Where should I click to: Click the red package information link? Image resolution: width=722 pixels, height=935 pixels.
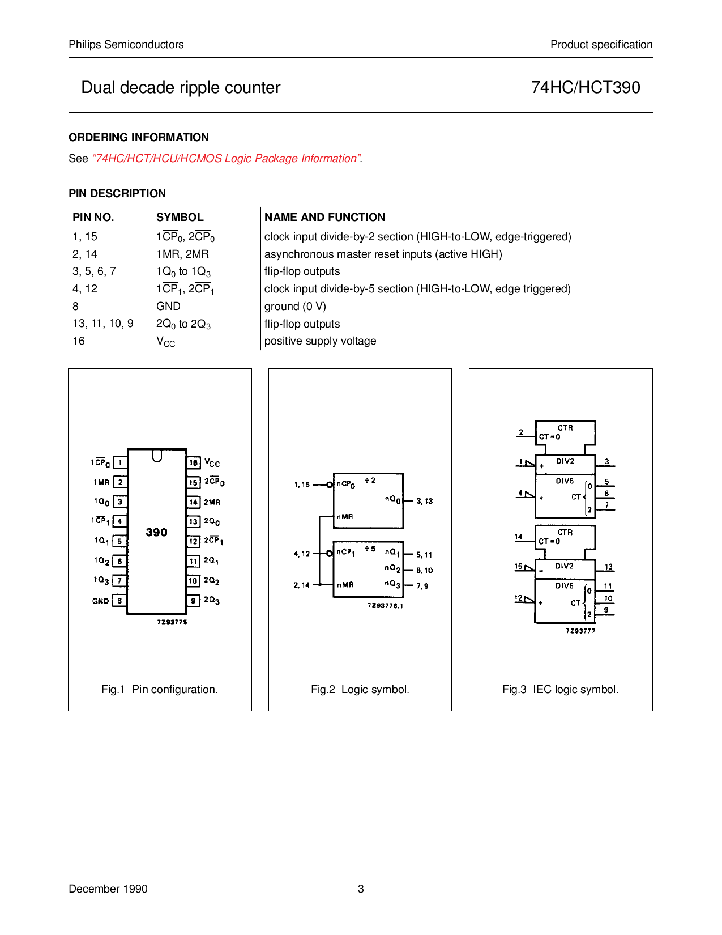coord(227,159)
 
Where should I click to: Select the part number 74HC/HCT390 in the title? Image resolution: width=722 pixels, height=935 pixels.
coord(586,87)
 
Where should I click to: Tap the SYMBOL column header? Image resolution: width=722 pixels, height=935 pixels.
coord(180,217)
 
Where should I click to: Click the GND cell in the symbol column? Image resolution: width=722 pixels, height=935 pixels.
coord(168,307)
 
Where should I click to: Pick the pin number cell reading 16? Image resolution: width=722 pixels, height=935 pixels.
coord(79,341)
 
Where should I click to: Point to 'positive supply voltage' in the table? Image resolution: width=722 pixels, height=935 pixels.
coord(320,341)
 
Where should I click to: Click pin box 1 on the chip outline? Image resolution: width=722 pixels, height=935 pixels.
coord(120,463)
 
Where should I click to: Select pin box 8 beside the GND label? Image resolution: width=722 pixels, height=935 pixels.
coord(119,601)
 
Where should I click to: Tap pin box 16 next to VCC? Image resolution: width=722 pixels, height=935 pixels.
coord(194,463)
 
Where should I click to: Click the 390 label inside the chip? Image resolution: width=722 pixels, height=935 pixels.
coord(157,532)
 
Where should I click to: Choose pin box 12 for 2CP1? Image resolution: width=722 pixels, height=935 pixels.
coord(194,541)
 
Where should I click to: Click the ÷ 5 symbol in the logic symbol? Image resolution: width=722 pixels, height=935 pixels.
coord(370,549)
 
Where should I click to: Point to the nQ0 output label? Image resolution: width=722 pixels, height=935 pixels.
coord(392,499)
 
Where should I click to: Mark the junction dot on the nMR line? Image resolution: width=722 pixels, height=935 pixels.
coord(320,584)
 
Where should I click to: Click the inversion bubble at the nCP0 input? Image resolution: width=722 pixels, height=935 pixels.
coord(330,485)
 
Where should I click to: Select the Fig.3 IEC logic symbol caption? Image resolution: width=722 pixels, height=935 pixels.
coord(560,690)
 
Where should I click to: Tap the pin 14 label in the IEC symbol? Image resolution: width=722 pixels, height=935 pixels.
coord(518,537)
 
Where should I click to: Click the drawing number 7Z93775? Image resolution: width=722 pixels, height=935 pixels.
coord(172,622)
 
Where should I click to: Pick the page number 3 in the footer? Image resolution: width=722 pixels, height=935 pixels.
coord(361,889)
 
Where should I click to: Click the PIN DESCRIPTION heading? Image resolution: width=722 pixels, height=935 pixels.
coord(117,194)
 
